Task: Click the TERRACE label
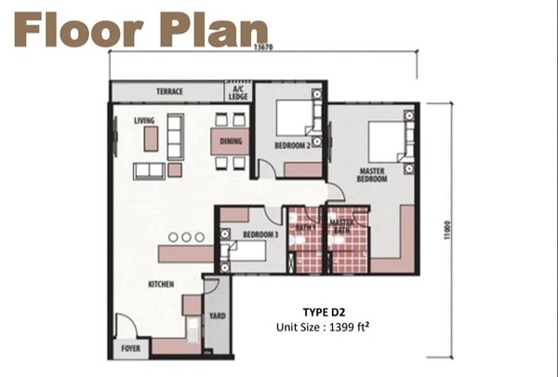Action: (x=169, y=91)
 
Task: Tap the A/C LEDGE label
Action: (x=238, y=93)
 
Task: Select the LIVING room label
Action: (x=144, y=120)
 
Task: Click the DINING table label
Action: (x=231, y=141)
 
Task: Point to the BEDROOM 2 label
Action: (x=292, y=145)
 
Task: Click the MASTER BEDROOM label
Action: (x=372, y=175)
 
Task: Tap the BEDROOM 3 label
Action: (x=260, y=235)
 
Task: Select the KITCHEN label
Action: (x=161, y=284)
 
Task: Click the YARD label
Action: (x=217, y=316)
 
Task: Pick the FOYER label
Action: (x=130, y=348)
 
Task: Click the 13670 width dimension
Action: (x=264, y=47)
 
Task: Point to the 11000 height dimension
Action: (x=447, y=230)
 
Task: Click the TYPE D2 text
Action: (x=324, y=312)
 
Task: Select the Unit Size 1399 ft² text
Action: (x=323, y=327)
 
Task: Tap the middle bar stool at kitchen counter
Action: (x=187, y=237)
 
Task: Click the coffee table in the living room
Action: (x=151, y=139)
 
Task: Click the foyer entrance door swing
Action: (x=126, y=325)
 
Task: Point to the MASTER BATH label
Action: (x=341, y=226)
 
